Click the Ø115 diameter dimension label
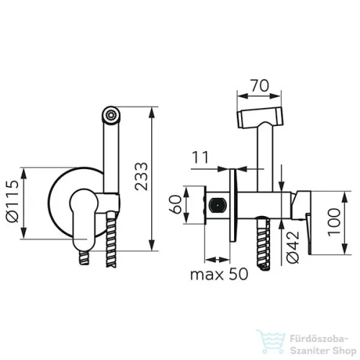click(x=12, y=201)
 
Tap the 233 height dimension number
click(x=141, y=176)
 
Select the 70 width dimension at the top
click(x=260, y=86)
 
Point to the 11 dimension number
click(x=201, y=158)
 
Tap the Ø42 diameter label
click(x=293, y=247)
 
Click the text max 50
click(x=219, y=274)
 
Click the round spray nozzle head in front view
click(x=111, y=114)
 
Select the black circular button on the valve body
click(x=217, y=206)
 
